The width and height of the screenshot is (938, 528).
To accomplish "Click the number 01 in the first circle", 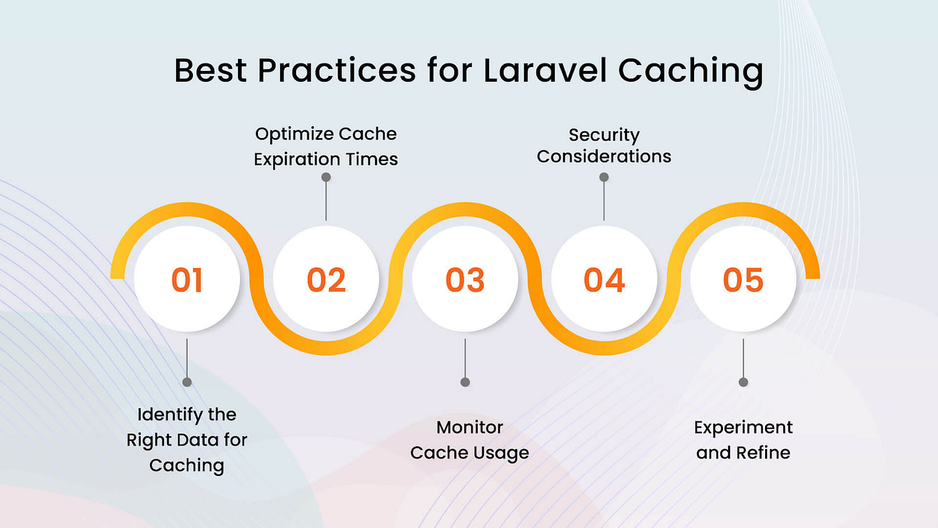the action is click(x=187, y=279).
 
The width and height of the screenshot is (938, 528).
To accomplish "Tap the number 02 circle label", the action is click(x=326, y=279).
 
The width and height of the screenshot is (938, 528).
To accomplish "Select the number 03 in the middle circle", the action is click(x=465, y=279).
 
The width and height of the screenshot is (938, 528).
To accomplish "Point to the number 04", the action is click(x=604, y=279).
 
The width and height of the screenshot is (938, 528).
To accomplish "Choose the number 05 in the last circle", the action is click(x=743, y=279).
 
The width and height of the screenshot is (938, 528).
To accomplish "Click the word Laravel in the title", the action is click(x=545, y=70).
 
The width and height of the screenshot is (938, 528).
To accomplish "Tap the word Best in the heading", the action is click(x=210, y=70).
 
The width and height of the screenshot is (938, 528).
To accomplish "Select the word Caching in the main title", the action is click(x=691, y=72).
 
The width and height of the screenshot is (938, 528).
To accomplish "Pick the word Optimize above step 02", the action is click(x=295, y=135).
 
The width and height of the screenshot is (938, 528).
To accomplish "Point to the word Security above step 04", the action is click(x=604, y=135).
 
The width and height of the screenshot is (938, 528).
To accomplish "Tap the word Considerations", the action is click(x=604, y=157).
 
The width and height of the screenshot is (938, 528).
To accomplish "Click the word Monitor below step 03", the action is click(x=470, y=427).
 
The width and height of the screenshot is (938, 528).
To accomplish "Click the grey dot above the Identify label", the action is click(x=187, y=382).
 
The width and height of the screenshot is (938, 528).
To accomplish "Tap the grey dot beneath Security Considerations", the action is click(x=604, y=177).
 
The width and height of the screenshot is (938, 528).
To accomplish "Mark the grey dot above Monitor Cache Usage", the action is click(x=465, y=382).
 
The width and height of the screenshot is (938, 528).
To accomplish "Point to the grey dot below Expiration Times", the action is click(x=326, y=177).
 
